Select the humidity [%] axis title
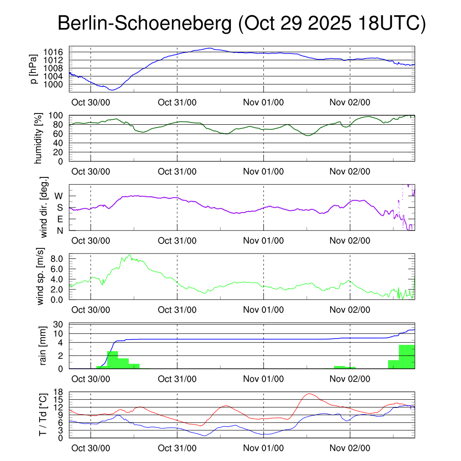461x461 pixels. [39, 138]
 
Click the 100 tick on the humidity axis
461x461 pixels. [61, 116]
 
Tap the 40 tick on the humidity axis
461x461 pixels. [63, 143]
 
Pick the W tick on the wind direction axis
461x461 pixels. [59, 196]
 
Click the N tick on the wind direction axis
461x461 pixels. [59, 230]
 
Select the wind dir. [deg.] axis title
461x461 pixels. [44, 207]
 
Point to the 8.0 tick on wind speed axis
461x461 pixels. [58, 258]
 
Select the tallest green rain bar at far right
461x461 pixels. [407, 357]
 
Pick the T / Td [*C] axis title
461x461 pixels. [43, 415]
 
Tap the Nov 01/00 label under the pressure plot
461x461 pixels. [263, 102]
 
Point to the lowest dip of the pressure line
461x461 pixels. [112, 90]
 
